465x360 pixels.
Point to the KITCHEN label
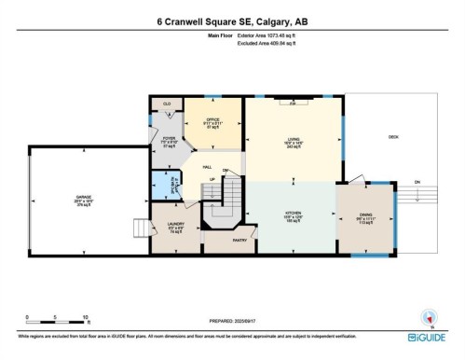click(x=293, y=214)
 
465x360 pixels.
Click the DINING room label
click(x=365, y=216)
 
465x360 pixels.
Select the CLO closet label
click(x=168, y=104)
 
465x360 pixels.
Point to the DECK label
click(x=393, y=137)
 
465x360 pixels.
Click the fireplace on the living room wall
click(x=293, y=104)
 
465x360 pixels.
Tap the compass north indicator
click(x=430, y=316)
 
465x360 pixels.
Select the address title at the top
click(x=232, y=21)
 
